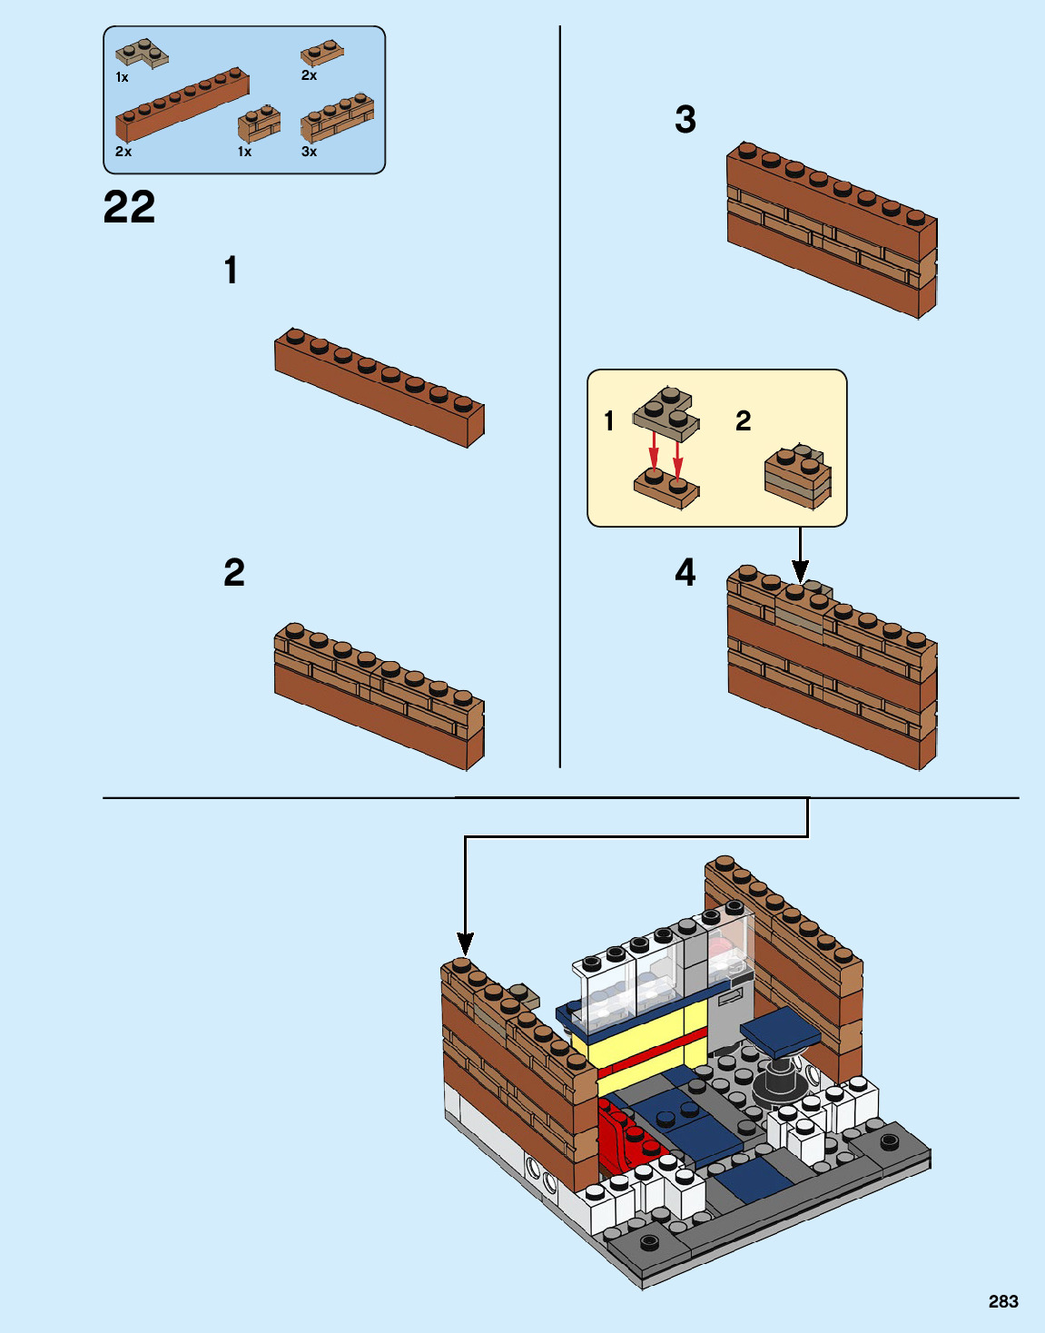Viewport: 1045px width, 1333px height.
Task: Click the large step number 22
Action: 129,207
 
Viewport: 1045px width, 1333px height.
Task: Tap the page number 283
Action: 1003,1301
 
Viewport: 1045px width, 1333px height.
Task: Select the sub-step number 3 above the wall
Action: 685,119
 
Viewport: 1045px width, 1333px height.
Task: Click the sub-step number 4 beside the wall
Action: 685,572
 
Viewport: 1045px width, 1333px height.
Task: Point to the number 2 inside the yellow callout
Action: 743,420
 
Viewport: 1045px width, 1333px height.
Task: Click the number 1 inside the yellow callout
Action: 609,420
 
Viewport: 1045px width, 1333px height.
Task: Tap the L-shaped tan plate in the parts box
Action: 143,53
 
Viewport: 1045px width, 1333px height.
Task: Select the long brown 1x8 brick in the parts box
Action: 182,105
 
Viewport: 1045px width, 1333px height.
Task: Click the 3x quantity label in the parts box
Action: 309,152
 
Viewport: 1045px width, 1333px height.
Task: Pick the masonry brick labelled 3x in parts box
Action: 337,117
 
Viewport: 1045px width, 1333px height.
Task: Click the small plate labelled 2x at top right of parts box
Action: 321,53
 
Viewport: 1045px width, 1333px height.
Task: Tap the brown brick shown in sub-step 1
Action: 380,388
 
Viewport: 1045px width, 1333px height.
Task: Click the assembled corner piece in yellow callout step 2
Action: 798,475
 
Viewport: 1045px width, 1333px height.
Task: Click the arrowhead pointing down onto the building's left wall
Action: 465,943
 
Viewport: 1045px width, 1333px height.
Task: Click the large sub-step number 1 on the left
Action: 232,271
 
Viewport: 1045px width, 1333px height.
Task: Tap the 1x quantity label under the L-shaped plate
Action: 122,78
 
